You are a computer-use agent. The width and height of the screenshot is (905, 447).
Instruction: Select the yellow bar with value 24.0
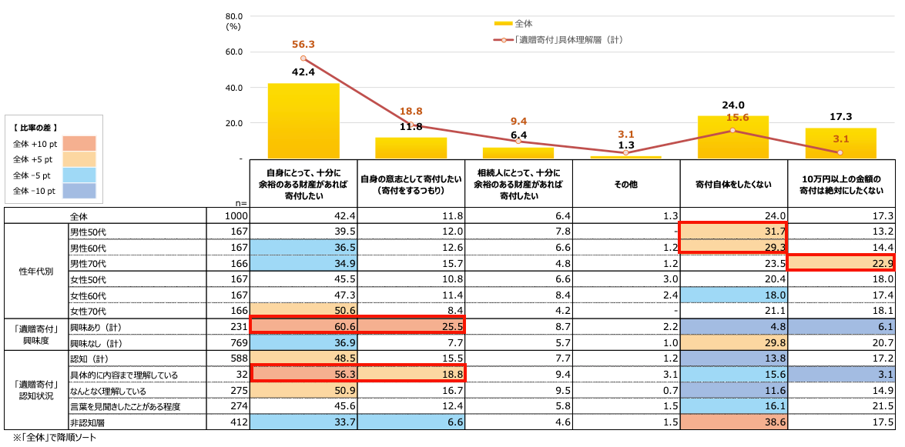pos(733,138)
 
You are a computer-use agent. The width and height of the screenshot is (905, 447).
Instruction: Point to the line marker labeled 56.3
pos(303,58)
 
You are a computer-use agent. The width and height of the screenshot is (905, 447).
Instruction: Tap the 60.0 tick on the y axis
pos(234,52)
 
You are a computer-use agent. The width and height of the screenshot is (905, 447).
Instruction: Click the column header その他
pos(625,185)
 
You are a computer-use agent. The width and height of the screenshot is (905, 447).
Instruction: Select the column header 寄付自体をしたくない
pos(733,185)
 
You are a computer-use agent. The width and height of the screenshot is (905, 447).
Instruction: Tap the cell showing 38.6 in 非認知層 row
pos(733,422)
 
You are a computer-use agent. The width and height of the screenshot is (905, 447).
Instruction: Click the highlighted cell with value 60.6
pos(303,327)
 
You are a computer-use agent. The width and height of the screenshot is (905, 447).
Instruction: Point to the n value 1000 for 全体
pos(236,217)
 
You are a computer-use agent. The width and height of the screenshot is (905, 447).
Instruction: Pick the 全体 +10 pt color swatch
pos(75,144)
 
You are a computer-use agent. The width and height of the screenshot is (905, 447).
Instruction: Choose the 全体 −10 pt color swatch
pos(75,190)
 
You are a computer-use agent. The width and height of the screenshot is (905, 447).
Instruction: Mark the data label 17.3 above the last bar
pos(841,117)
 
